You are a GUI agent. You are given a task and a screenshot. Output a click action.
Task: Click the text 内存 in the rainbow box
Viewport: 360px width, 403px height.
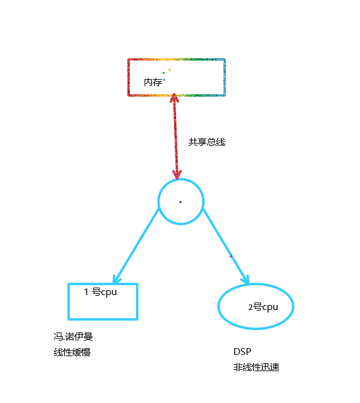[153, 82]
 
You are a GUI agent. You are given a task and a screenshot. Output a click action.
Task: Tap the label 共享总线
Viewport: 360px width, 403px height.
[207, 142]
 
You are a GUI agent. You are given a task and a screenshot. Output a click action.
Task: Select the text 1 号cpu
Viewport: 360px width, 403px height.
[100, 292]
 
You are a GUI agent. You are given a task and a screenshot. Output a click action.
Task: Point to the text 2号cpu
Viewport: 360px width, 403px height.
[263, 307]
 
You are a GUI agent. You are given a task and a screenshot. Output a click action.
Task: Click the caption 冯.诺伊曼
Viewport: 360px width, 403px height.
[73, 336]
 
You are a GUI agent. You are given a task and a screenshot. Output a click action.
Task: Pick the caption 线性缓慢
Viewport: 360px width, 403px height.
[72, 352]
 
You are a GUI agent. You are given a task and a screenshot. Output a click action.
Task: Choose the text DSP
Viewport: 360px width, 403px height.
[242, 352]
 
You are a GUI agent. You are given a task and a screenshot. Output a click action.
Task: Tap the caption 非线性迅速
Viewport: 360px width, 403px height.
[256, 367]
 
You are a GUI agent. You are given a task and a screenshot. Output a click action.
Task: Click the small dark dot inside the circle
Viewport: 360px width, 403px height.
[180, 202]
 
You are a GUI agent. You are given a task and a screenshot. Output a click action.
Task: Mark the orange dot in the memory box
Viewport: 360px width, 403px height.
[170, 70]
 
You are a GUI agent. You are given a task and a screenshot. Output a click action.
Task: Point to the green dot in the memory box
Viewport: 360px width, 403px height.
[163, 73]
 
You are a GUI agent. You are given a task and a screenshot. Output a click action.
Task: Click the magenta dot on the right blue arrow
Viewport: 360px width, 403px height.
[231, 256]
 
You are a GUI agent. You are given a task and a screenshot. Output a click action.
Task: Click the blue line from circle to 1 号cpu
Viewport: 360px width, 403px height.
[137, 246]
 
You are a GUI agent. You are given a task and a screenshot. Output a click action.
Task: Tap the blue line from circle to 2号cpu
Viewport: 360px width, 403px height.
[226, 246]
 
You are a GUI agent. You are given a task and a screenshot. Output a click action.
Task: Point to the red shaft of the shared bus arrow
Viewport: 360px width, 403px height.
[175, 136]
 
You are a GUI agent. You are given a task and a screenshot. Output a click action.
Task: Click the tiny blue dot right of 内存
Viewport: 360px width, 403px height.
[164, 80]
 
